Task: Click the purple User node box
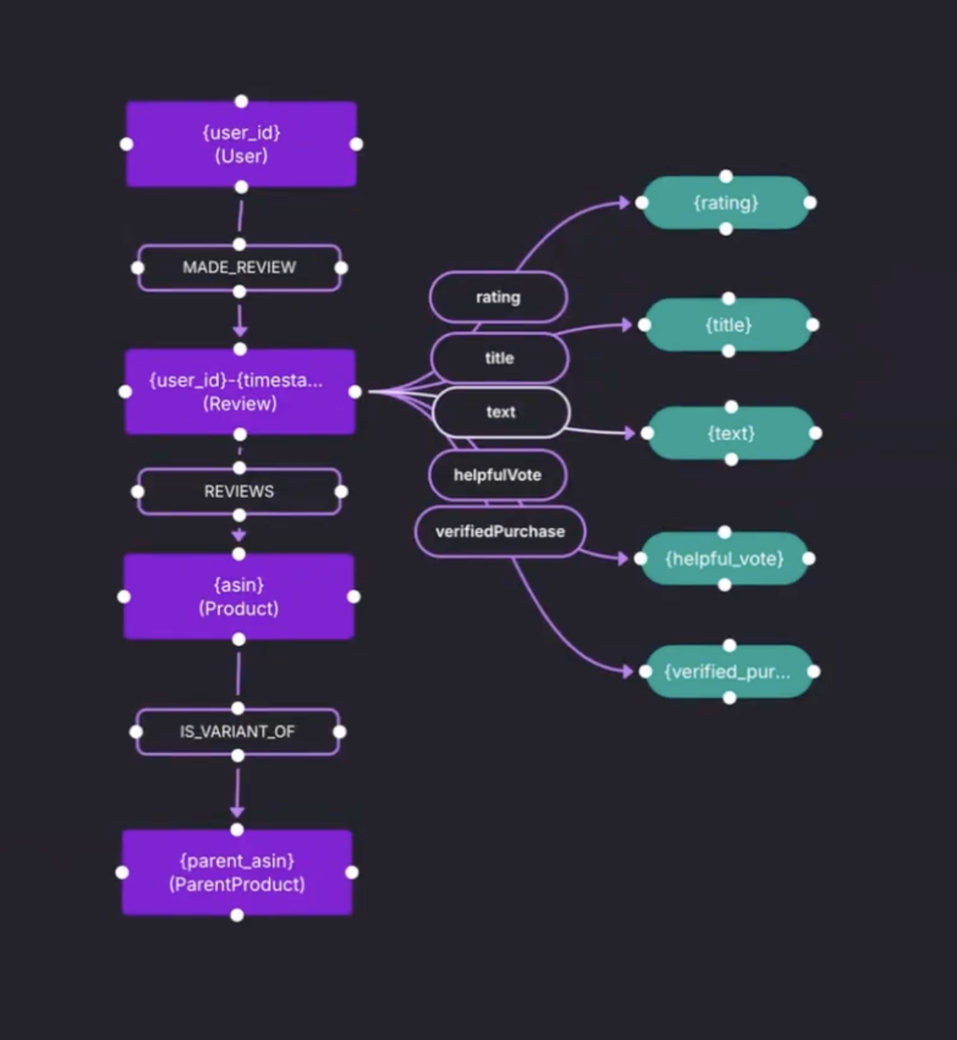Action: (x=241, y=144)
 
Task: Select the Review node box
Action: (x=240, y=392)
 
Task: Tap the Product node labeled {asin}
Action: (x=238, y=597)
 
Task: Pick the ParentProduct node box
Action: (x=236, y=872)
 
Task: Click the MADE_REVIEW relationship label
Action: (x=239, y=267)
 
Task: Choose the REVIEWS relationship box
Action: (x=239, y=491)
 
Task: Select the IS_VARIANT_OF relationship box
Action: (x=237, y=732)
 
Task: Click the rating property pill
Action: (x=498, y=297)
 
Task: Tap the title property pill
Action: (x=499, y=358)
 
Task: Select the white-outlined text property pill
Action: (x=501, y=412)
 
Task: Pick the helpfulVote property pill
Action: (x=497, y=475)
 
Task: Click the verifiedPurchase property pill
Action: (x=500, y=531)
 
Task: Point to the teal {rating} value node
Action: (x=725, y=203)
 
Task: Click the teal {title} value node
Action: (x=728, y=325)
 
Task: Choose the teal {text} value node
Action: (x=730, y=433)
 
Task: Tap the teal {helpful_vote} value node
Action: (x=724, y=558)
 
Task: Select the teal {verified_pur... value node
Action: (x=729, y=672)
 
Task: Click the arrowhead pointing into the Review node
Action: (x=240, y=331)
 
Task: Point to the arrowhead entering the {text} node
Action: (x=628, y=433)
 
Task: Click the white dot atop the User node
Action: (x=241, y=102)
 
